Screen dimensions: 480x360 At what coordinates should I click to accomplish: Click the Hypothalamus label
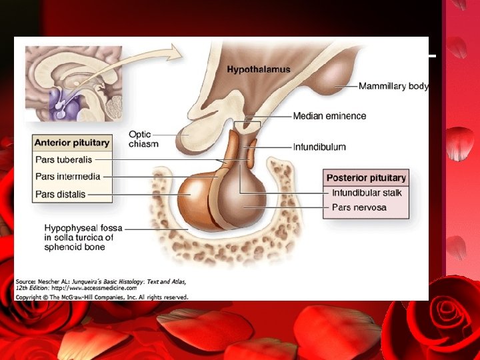click(259, 69)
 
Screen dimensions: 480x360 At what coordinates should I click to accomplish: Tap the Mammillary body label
click(393, 86)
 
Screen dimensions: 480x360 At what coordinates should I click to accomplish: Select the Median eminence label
click(329, 116)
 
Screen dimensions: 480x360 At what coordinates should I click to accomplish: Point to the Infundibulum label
click(319, 147)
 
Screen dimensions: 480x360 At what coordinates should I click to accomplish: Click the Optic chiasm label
click(143, 138)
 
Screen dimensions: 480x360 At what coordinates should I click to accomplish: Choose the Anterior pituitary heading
click(71, 143)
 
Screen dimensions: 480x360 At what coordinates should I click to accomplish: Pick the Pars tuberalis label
click(63, 160)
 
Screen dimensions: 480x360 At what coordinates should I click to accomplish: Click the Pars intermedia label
click(67, 177)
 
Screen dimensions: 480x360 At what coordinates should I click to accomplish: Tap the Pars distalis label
click(60, 195)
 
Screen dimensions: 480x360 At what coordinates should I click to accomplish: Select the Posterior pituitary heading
click(366, 178)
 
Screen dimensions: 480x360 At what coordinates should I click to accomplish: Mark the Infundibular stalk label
click(367, 193)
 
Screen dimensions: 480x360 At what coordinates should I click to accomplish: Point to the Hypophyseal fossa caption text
click(79, 237)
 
